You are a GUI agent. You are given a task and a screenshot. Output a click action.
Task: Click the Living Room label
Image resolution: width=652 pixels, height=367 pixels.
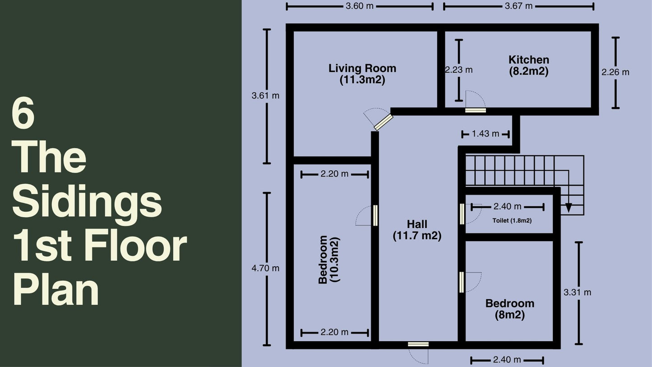362,74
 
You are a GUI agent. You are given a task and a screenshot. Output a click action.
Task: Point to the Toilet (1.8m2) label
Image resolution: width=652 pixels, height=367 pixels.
512,220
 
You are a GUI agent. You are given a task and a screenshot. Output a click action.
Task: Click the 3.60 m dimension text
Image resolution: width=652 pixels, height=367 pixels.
360,6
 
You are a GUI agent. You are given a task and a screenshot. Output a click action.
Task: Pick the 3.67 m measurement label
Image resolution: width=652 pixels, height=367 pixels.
519,6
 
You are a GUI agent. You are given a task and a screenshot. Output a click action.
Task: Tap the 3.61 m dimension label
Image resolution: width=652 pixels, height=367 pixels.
265,96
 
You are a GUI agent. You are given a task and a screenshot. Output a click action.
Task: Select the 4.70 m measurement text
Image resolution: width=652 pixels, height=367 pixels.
265,268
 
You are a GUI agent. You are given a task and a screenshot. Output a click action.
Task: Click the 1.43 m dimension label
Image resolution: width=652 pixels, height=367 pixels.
486,134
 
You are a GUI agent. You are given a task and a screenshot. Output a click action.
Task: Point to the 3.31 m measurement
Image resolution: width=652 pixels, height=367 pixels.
578,292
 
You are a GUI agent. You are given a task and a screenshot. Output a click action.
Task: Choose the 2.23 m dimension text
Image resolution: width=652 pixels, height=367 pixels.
459,70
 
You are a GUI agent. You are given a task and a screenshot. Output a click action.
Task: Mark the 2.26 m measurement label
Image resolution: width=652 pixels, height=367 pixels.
615,72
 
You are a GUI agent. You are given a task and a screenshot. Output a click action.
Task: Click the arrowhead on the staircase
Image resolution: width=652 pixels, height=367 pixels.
569,207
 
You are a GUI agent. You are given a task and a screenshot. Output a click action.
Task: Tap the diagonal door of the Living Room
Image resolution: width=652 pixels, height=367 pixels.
384,122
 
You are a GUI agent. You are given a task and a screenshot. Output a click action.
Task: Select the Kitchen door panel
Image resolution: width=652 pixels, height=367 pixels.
475,111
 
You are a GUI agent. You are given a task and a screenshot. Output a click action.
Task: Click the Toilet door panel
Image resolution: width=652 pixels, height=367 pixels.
462,214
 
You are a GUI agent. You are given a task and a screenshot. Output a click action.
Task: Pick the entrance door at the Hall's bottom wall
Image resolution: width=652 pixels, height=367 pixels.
418,344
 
